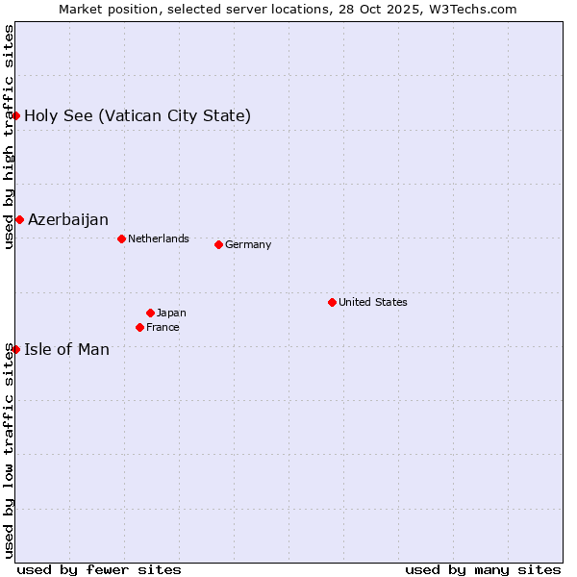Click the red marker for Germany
tap(218, 244)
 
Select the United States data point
tap(332, 302)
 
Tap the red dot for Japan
tap(150, 313)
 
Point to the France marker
tap(139, 327)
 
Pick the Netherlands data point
tap(121, 238)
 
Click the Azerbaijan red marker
tap(19, 219)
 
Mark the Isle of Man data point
tap(15, 349)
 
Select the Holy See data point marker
tap(15, 115)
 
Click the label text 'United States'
tap(373, 302)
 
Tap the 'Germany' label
tap(248, 244)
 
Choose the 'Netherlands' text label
tap(159, 238)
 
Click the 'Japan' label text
tap(171, 313)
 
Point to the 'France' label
tap(163, 327)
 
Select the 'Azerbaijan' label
tap(68, 219)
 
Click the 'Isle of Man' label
tap(66, 349)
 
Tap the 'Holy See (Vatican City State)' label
tap(138, 115)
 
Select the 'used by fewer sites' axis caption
tap(99, 569)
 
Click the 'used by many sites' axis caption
tap(483, 569)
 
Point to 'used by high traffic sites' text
tap(9, 137)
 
